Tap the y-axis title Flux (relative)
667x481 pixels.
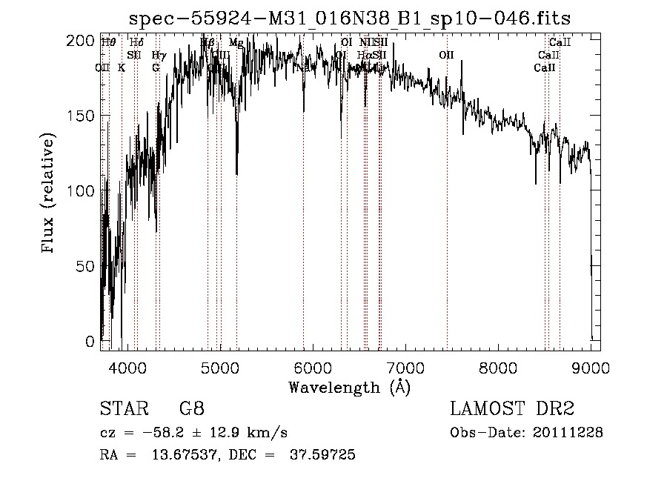[50, 194]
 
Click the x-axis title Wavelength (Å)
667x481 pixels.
[349, 387]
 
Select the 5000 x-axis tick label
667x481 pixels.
[220, 367]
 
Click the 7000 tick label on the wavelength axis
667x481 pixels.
[405, 367]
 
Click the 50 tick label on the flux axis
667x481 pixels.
[85, 266]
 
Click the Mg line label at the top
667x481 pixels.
[236, 43]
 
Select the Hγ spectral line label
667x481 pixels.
[158, 55]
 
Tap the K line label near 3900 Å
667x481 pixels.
[122, 67]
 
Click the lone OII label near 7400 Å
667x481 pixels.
[446, 55]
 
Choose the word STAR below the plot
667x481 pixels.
[122, 408]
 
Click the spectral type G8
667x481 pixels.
[192, 408]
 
